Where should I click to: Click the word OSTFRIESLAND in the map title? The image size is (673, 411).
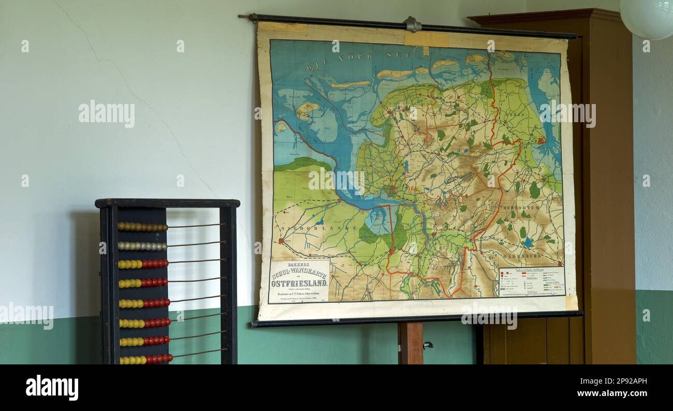tap(299, 284)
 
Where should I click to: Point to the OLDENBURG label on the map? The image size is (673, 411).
tap(521, 255)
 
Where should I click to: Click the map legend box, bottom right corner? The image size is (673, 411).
tap(531, 281)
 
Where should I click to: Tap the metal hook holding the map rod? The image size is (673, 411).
tap(412, 24)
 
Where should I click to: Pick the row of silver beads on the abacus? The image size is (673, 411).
tap(142, 246)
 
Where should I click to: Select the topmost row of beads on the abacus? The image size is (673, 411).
tap(142, 227)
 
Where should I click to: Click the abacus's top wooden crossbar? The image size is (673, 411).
tap(167, 203)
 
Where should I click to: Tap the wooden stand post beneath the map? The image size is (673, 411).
tap(411, 343)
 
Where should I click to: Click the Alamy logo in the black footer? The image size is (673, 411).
tap(52, 387)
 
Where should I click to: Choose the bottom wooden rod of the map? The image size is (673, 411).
tap(414, 319)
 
